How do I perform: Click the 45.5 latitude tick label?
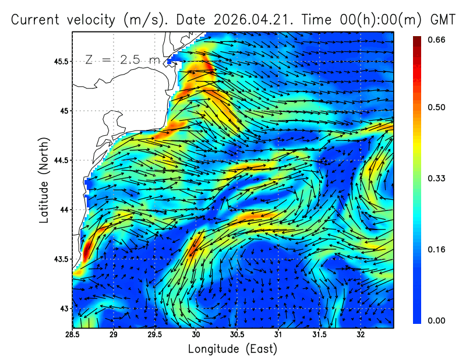click(61, 62)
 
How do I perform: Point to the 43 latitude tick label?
click(64, 309)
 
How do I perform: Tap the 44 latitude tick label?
click(64, 210)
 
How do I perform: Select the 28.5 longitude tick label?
click(72, 335)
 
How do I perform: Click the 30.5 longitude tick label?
click(237, 335)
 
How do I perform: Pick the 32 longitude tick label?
click(361, 335)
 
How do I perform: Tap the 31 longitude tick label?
click(278, 335)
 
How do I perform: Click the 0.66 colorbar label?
click(436, 40)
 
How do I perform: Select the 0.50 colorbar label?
click(436, 107)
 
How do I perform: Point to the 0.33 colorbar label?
click(436, 178)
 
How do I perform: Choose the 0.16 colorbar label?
click(436, 249)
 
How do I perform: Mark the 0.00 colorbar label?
click(436, 320)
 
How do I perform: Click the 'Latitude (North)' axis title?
click(44, 180)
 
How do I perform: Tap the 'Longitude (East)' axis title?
click(232, 349)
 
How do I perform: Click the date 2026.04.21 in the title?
click(252, 20)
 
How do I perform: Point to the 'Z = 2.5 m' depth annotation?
click(123, 60)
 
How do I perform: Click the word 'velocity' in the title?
click(91, 20)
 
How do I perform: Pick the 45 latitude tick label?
click(64, 111)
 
